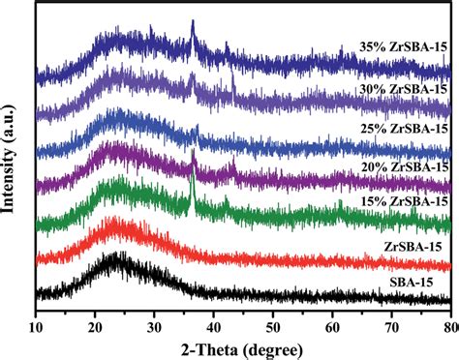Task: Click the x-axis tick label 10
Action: click(36, 315)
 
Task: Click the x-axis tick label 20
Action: click(95, 315)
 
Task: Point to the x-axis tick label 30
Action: click(154, 315)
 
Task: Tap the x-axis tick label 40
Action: click(213, 315)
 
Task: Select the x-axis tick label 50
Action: click(273, 315)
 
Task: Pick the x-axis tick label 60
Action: click(332, 315)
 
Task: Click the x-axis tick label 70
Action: click(391, 315)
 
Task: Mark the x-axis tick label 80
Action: click(447, 315)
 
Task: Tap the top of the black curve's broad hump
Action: click(118, 255)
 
